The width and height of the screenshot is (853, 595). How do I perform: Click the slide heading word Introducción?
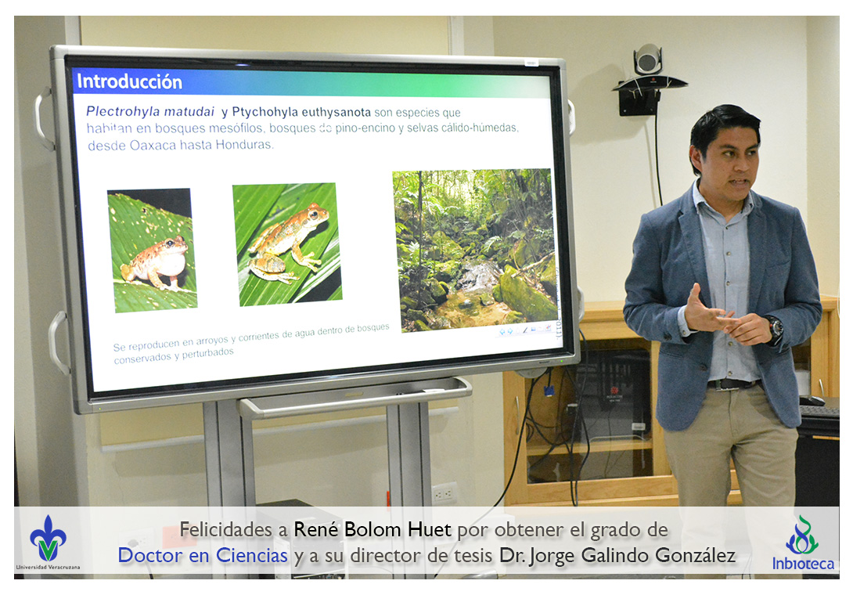click(129, 81)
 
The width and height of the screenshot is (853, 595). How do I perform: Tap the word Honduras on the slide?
click(244, 145)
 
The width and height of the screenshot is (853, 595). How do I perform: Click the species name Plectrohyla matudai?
click(150, 112)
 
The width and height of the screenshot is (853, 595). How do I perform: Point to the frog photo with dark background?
click(153, 251)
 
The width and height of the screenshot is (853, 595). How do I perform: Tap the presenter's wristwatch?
click(775, 328)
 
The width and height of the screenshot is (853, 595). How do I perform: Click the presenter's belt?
click(733, 384)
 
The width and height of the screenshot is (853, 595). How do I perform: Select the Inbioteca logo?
click(803, 543)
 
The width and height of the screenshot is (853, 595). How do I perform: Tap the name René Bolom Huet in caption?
click(373, 530)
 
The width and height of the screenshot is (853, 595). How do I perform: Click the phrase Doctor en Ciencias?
click(203, 556)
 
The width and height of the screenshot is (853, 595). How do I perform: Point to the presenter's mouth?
click(739, 182)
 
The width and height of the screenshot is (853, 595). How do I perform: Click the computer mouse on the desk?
click(812, 401)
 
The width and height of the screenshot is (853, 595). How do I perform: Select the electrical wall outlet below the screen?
click(444, 493)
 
